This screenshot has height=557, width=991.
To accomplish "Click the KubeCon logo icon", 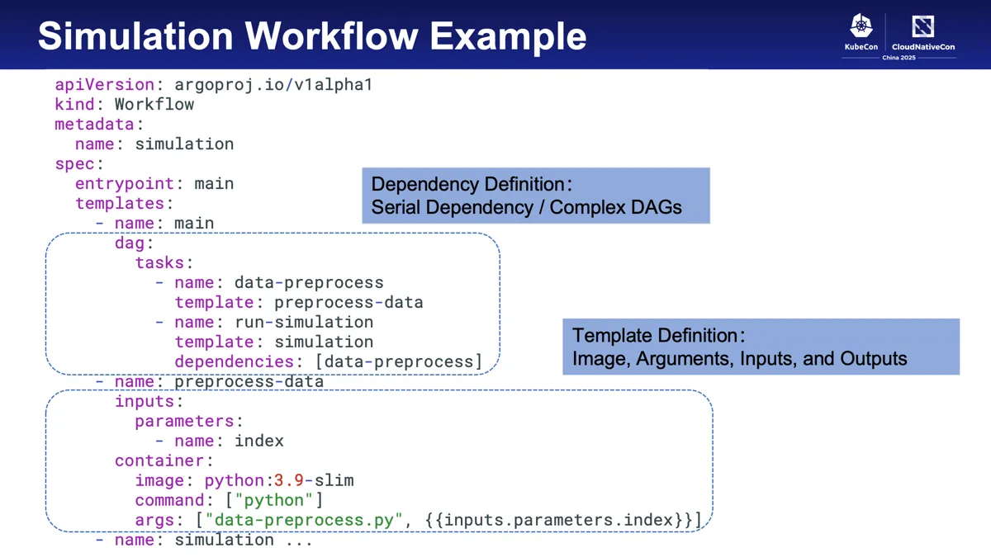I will pyautogui.click(x=861, y=26).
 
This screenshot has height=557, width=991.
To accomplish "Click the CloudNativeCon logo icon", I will pyautogui.click(x=922, y=26).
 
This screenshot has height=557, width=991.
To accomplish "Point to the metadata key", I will pyautogui.click(x=94, y=124).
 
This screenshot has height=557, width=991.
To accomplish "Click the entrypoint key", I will pyautogui.click(x=124, y=183).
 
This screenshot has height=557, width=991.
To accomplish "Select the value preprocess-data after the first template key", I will pyautogui.click(x=349, y=302).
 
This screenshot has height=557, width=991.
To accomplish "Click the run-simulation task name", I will pyautogui.click(x=304, y=322).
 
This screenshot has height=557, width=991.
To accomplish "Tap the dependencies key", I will pyautogui.click(x=234, y=361).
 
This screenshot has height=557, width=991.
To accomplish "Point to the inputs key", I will pyautogui.click(x=145, y=401).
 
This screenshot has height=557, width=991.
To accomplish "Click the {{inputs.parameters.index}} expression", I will pyautogui.click(x=562, y=520).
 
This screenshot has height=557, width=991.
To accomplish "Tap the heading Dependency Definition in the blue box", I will pyautogui.click(x=471, y=184).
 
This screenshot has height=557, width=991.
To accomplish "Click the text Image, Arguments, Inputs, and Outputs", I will pyautogui.click(x=739, y=359).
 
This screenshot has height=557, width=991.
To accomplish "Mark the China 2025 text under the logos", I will pyautogui.click(x=899, y=58).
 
